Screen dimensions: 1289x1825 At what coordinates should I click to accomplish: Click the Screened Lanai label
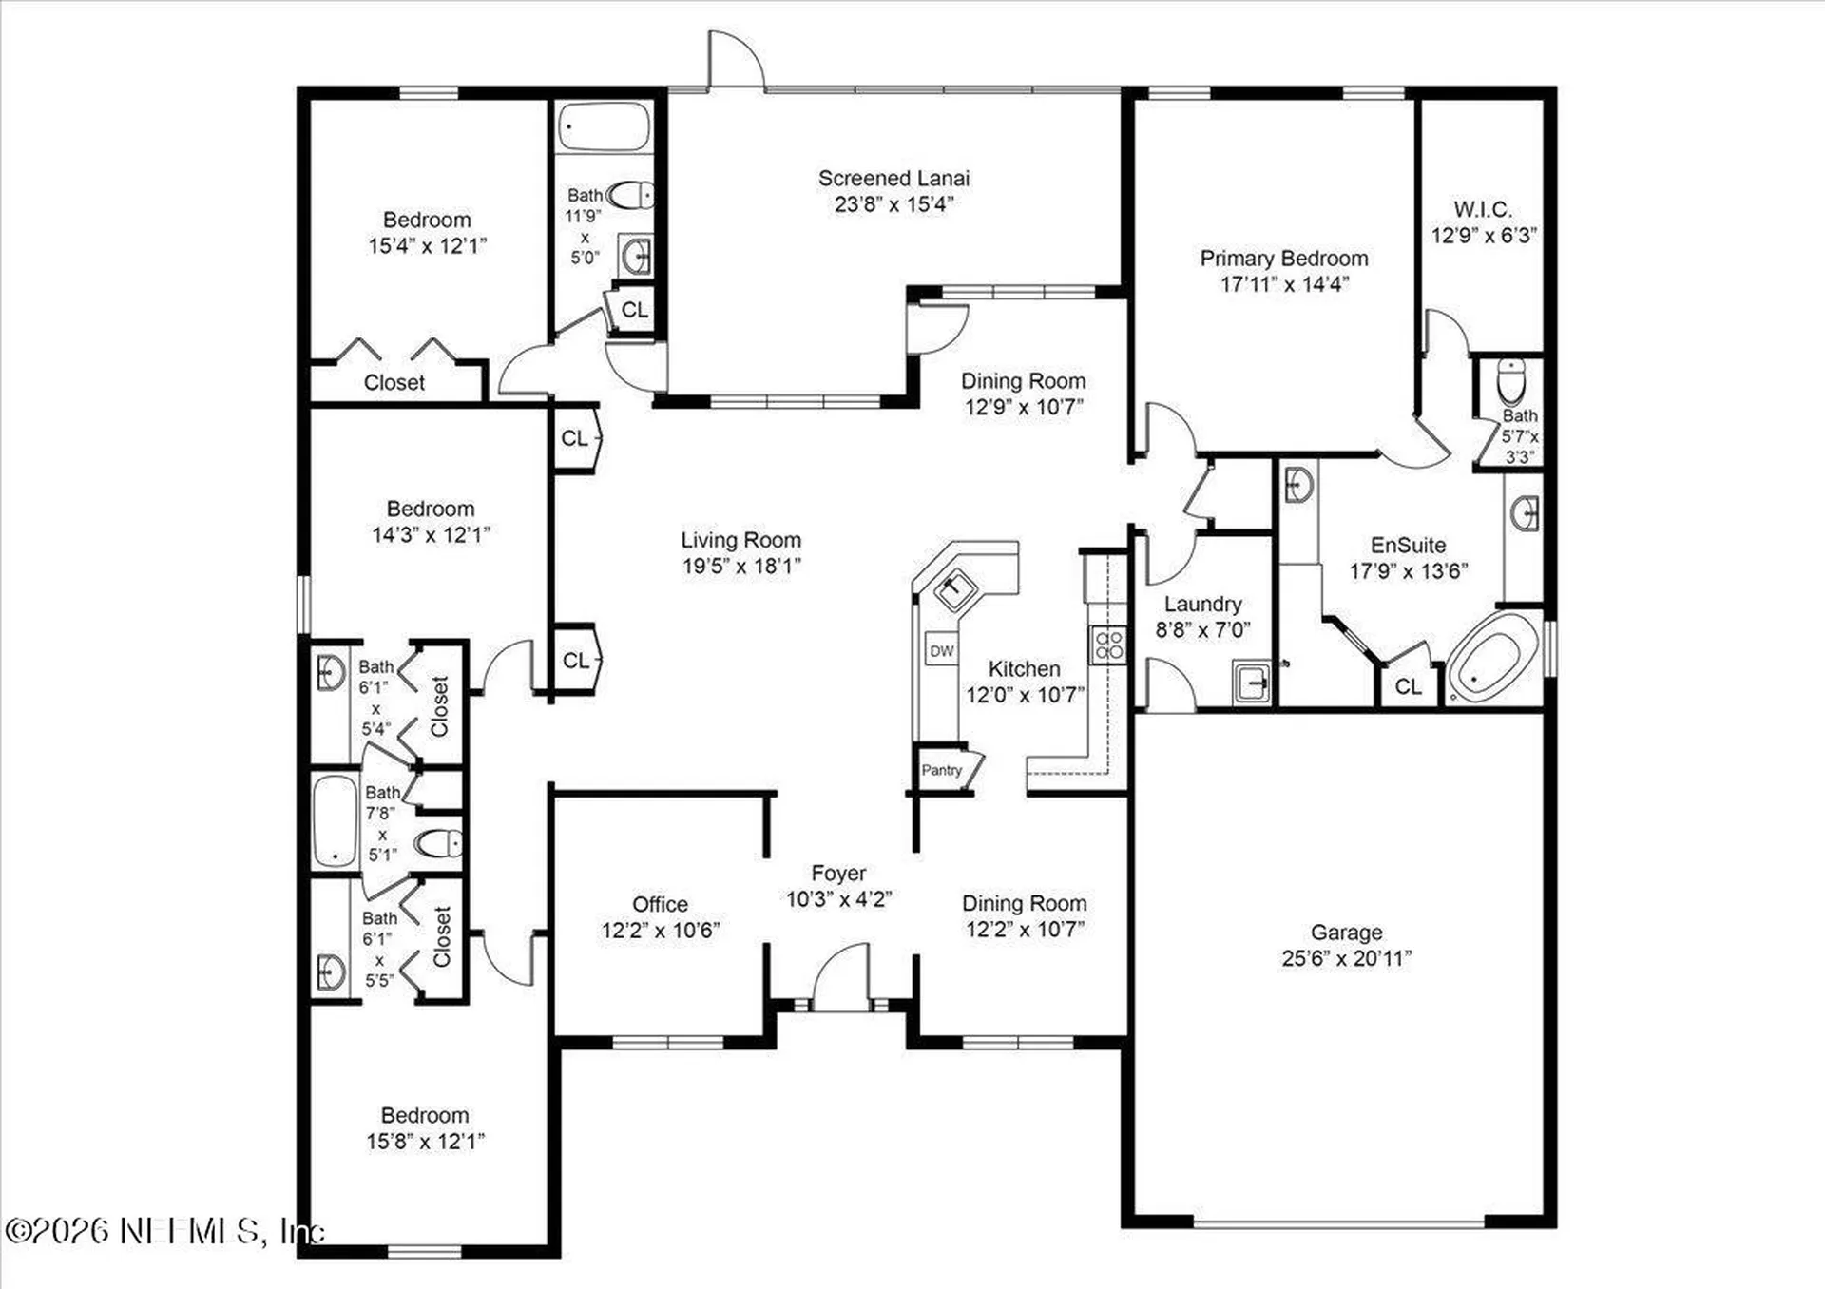point(893,179)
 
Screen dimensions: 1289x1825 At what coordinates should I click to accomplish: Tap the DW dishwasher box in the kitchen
point(941,651)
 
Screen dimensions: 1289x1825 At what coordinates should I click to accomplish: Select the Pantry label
point(941,770)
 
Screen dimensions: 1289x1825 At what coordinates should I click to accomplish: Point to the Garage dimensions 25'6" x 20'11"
point(1346,958)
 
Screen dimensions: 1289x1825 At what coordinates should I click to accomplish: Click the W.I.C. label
point(1482,209)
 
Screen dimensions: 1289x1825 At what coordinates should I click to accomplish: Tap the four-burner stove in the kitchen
point(1108,644)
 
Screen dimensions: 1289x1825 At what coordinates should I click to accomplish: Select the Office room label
point(660,904)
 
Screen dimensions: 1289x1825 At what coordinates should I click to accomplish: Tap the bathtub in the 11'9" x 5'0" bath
point(605,127)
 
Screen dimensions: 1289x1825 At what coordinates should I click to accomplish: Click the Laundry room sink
point(1252,683)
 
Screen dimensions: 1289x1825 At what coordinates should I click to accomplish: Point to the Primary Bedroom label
point(1283,259)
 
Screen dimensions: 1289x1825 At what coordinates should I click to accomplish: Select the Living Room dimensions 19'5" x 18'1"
point(741,566)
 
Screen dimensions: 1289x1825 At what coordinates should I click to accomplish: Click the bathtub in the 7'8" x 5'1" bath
point(335,820)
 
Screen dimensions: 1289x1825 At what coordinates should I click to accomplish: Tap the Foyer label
point(838,873)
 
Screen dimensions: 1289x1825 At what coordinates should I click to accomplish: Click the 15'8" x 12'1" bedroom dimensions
point(425,1141)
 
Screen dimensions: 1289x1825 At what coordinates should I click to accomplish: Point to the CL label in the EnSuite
point(1408,686)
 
